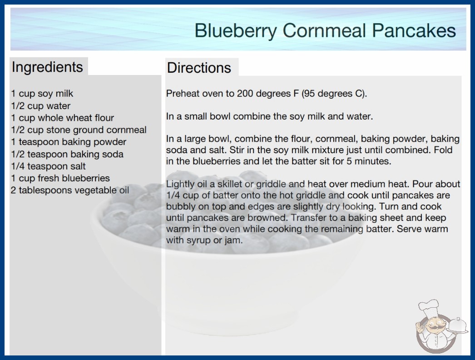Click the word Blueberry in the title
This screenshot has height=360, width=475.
(x=236, y=31)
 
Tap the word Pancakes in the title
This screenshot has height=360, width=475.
(x=414, y=30)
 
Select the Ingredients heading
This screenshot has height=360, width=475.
(x=47, y=67)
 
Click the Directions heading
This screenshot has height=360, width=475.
(x=199, y=68)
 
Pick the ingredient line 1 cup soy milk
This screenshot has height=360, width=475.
(x=42, y=94)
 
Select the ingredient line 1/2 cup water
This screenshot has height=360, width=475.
(x=40, y=106)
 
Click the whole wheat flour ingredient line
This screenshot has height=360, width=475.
(x=62, y=118)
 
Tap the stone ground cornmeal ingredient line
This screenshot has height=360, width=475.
(x=79, y=130)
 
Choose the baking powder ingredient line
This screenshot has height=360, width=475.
(x=69, y=142)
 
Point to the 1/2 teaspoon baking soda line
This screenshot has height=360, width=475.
(x=67, y=154)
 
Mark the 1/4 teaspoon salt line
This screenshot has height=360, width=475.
(x=48, y=166)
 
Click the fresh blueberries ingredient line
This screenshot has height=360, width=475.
(x=60, y=178)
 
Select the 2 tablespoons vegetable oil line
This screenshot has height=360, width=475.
(x=69, y=190)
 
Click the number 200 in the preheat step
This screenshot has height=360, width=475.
(x=245, y=94)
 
